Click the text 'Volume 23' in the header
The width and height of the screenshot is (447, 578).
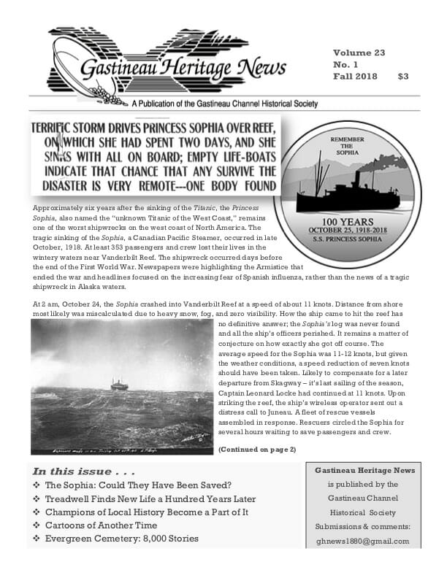pyautogui.click(x=359, y=53)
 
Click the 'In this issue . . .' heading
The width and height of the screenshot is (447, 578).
pyautogui.click(x=82, y=471)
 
